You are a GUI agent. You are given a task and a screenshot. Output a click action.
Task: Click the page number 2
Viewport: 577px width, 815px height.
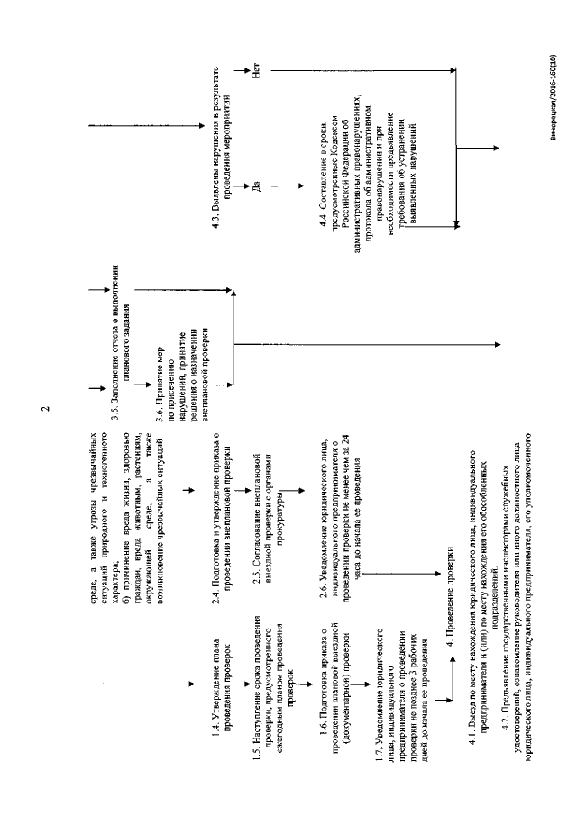point(46,413)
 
